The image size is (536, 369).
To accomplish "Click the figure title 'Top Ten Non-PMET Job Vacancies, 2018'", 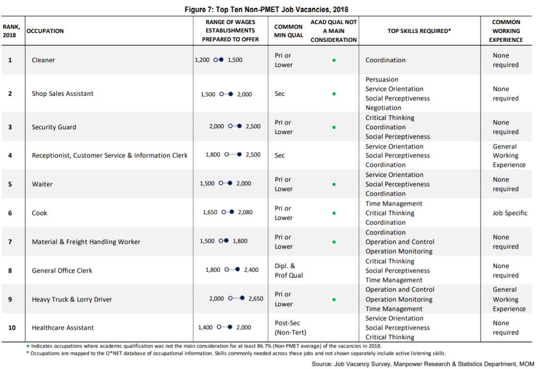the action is click(x=282, y=9).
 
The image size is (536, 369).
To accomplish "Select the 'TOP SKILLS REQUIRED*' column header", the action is click(x=419, y=31).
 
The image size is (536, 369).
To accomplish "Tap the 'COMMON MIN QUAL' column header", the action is click(x=289, y=31).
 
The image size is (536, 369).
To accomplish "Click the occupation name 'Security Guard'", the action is click(x=54, y=127).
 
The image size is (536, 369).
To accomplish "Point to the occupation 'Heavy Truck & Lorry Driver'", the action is click(x=72, y=299).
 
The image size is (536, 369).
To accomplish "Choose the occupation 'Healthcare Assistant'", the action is click(x=63, y=328).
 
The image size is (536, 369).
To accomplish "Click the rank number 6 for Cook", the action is click(x=10, y=213).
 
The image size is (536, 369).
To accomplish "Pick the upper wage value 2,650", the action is click(x=256, y=298).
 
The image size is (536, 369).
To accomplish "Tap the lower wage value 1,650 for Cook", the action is click(x=210, y=212).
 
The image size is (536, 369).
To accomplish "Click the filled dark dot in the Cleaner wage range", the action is click(x=221, y=60).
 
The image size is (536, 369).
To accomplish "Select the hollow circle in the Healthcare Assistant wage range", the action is click(x=219, y=327).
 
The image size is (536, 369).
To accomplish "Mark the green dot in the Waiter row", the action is click(x=334, y=184).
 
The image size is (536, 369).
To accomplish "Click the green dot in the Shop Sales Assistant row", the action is click(x=334, y=94).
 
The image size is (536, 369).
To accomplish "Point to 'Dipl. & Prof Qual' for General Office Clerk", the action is click(x=289, y=271).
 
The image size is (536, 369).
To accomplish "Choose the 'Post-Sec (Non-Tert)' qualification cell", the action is click(x=290, y=328).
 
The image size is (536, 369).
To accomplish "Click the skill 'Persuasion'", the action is click(x=382, y=80).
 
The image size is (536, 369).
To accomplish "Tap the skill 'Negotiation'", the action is click(x=383, y=107).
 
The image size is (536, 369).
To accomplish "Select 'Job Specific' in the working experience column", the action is click(x=510, y=213).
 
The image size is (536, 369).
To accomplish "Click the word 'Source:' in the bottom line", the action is click(x=322, y=364).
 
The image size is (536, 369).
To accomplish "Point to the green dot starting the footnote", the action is click(x=28, y=346).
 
